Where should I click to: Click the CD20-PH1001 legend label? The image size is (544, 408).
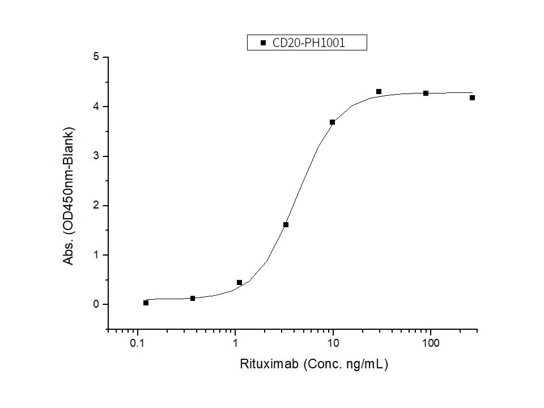point(309,42)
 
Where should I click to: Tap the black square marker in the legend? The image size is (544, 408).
point(262,42)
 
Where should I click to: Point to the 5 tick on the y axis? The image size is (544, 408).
point(97,57)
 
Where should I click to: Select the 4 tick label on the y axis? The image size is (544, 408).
point(97,107)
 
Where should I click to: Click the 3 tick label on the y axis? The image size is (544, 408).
point(97,156)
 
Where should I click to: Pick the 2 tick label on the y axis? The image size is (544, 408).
point(97,205)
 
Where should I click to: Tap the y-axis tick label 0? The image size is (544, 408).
point(97,304)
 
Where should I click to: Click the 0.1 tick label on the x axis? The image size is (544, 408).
point(137,343)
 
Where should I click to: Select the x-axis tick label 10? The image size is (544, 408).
point(333,343)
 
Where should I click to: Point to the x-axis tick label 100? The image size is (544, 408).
point(431,343)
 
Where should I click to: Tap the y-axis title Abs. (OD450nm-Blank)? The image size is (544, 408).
point(69,195)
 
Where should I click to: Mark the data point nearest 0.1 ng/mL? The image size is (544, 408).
point(146,303)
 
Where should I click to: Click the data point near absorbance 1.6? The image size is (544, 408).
point(286,224)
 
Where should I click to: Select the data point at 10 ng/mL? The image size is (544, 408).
point(332,122)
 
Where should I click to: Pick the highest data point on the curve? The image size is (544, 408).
point(379,91)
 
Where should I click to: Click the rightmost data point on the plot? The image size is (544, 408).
point(472,97)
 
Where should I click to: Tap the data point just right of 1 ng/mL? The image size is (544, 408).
point(239,282)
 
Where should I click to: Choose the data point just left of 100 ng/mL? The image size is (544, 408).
point(426,93)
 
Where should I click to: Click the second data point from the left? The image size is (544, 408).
point(193,298)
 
